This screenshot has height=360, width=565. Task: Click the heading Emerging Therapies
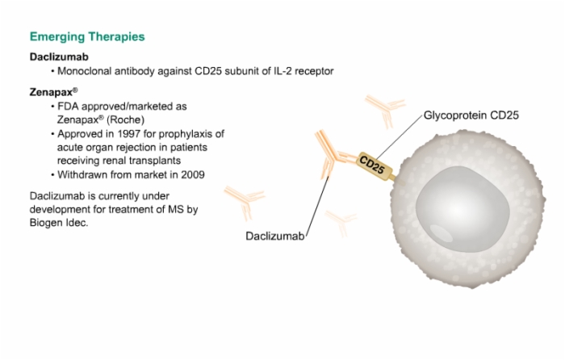(x=87, y=37)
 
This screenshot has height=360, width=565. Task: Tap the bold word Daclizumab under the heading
(x=59, y=57)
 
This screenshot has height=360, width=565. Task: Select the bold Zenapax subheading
(x=53, y=92)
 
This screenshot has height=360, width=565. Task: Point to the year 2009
(x=193, y=175)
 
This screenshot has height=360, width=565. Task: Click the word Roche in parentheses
(x=125, y=119)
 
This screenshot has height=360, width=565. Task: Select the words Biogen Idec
(x=59, y=223)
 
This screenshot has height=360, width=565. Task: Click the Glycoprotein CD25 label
(x=471, y=115)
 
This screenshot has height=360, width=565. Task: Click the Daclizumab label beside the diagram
(x=275, y=236)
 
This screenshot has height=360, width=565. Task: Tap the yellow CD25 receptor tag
(x=375, y=166)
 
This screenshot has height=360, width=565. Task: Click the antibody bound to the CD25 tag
(x=331, y=155)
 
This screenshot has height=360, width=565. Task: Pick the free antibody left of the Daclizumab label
(x=245, y=201)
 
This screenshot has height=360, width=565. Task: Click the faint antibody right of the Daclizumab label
(x=341, y=223)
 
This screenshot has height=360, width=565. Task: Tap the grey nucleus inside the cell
(x=462, y=209)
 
